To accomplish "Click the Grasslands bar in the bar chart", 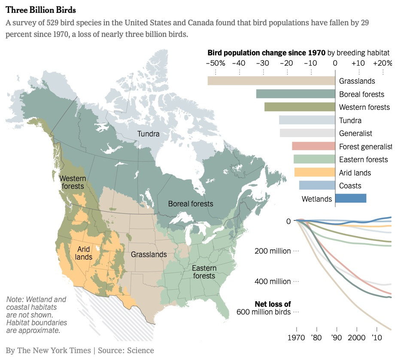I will (x=271, y=81).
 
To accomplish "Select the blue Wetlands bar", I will (x=350, y=198).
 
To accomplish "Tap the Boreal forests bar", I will (x=295, y=94).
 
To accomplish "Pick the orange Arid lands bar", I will (x=315, y=172).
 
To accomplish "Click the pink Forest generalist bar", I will (x=313, y=146).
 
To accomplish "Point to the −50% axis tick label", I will (x=216, y=63).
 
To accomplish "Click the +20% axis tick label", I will (x=382, y=63).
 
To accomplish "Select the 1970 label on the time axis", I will (x=296, y=337).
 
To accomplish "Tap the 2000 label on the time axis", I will (x=357, y=337).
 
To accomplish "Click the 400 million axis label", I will (x=273, y=281).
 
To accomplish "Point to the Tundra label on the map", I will (x=148, y=134).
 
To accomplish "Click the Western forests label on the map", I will (x=73, y=182).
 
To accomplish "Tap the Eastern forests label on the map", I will (x=204, y=272).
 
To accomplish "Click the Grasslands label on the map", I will (x=149, y=254).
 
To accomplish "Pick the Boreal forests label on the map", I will (x=190, y=203).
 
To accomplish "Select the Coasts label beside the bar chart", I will (x=350, y=186).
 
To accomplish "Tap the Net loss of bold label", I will (x=273, y=304).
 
